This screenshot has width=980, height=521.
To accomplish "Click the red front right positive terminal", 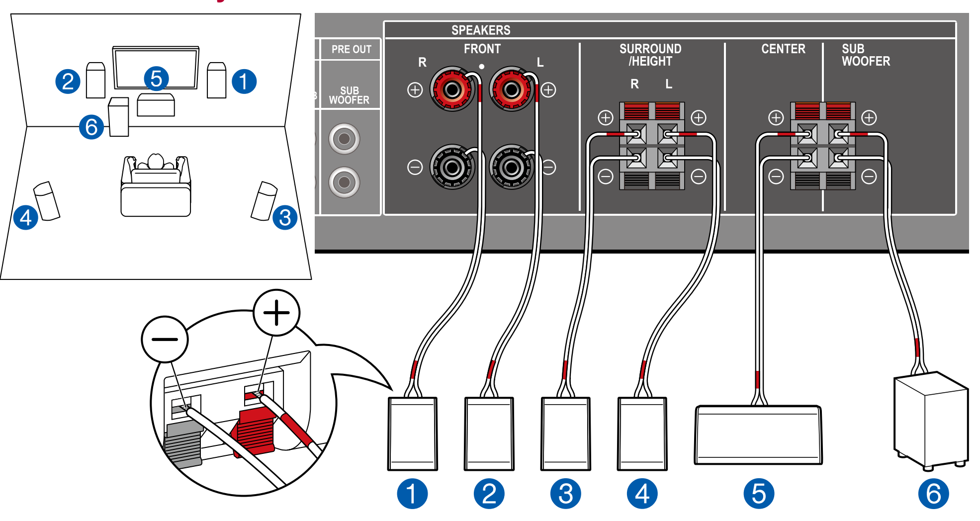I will click(452, 90).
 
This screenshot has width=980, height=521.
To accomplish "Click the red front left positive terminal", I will click(511, 90).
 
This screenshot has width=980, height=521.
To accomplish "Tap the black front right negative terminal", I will click(452, 168).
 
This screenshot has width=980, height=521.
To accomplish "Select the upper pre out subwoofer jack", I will click(344, 139).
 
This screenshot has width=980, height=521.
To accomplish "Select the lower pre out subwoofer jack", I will click(344, 182).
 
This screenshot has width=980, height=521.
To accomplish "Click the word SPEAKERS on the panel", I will click(480, 30).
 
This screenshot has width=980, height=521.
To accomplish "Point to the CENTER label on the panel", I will click(783, 49).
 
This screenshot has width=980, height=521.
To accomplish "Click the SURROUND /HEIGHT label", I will click(650, 55).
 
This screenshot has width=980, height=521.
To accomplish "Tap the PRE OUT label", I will click(351, 49).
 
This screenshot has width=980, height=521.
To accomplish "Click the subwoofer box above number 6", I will click(930, 421).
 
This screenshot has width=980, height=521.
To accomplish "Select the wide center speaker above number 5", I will click(758, 435).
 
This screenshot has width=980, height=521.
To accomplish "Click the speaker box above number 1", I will click(412, 434).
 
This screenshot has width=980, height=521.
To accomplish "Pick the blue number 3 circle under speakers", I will click(565, 494).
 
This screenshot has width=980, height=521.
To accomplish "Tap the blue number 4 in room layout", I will click(26, 218).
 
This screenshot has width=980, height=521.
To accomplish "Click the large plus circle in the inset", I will click(276, 313).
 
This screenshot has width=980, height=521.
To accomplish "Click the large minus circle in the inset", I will click(165, 340).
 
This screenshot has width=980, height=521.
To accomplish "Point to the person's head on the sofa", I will click(156, 161).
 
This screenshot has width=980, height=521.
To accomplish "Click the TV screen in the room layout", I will click(155, 68).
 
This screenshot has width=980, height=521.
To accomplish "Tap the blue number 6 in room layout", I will click(91, 127).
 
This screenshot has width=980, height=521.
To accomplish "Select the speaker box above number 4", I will click(642, 434).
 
